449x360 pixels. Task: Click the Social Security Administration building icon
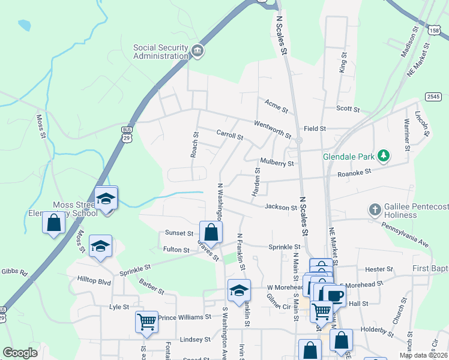(197, 52)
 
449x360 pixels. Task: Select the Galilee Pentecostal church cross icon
(375, 210)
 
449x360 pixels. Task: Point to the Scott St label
(348, 109)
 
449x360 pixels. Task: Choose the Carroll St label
(229, 135)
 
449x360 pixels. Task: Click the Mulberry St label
(277, 163)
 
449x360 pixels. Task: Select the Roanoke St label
(355, 172)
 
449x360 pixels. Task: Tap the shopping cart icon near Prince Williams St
(146, 322)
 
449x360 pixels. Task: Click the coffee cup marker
(334, 295)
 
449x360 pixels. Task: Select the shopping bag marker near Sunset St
(211, 231)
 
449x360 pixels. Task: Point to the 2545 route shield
(433, 96)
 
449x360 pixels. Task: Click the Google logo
(20, 352)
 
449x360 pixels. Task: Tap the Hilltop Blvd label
(95, 280)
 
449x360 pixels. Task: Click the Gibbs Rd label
(14, 272)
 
